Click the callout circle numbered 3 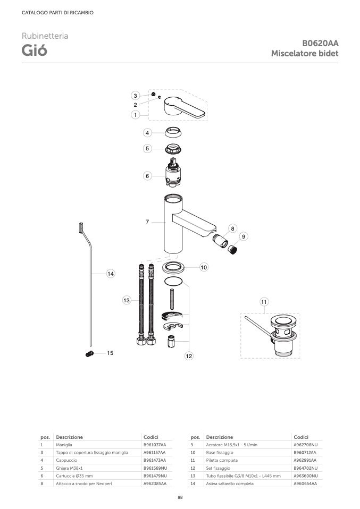click(136, 96)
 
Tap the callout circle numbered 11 click(264, 302)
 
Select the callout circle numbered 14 click(111, 274)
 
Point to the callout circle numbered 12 click(189, 356)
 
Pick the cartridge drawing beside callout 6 click(173, 172)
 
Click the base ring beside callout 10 click(173, 268)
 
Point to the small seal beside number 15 click(90, 354)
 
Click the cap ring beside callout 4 click(173, 132)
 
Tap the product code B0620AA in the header click(320, 43)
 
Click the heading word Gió click(35, 50)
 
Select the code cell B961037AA click(155, 445)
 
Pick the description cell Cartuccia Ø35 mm click(74, 476)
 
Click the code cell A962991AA click(305, 460)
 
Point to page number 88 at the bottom click(180, 497)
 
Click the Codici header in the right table click(301, 437)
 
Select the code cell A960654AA click(305, 483)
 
